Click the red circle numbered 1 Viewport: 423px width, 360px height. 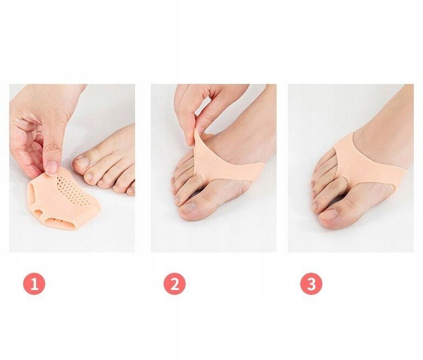[x=34, y=284]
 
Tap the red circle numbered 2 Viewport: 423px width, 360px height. [x=174, y=284]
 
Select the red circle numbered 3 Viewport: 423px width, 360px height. [x=311, y=284]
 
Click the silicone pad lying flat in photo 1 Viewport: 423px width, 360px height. [x=64, y=200]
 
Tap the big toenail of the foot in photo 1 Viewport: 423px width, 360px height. [x=82, y=163]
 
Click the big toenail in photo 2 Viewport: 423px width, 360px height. [x=188, y=208]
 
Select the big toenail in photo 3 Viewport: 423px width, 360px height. [x=329, y=215]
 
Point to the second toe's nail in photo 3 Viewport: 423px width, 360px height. [x=315, y=206]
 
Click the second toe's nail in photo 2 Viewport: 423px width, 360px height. [x=178, y=200]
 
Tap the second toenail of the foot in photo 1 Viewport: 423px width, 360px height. [x=88, y=177]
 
